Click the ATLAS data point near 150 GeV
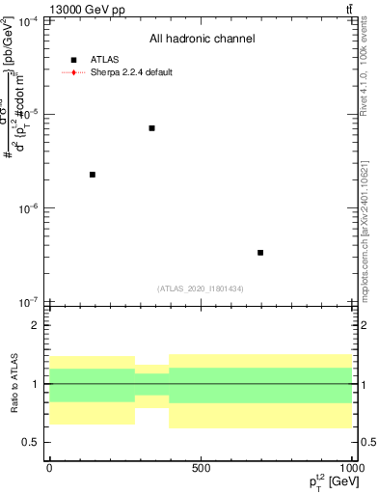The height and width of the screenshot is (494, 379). pyautogui.click(x=93, y=175)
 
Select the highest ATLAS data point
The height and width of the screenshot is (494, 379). pyautogui.click(x=151, y=128)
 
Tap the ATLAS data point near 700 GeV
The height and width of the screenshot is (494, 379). pyautogui.click(x=260, y=253)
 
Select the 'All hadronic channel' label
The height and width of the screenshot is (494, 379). pyautogui.click(x=202, y=39)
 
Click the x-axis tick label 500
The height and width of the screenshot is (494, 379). pyautogui.click(x=201, y=468)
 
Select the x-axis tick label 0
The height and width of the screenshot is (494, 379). pyautogui.click(x=49, y=468)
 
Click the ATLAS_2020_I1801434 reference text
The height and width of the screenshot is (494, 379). pyautogui.click(x=201, y=288)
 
